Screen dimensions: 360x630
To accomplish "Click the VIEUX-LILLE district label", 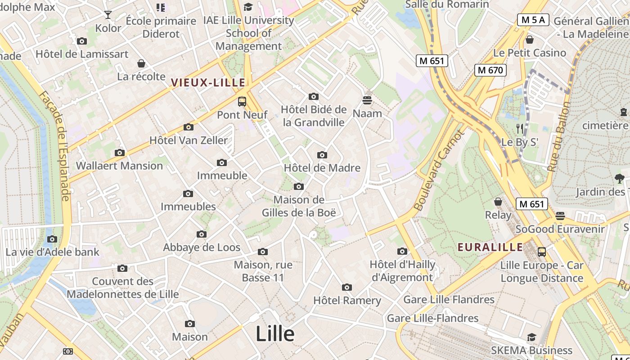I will click(x=208, y=82).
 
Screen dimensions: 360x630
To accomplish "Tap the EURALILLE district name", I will click(x=490, y=247).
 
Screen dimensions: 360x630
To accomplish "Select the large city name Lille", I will click(x=275, y=334).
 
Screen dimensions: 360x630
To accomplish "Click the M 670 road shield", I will click(x=490, y=70).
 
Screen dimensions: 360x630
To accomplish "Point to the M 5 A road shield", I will click(x=533, y=20).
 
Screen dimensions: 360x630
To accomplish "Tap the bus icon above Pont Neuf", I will click(x=242, y=102).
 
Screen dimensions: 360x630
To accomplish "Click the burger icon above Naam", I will click(x=367, y=100).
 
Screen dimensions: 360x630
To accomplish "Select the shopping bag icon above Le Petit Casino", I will click(x=530, y=40).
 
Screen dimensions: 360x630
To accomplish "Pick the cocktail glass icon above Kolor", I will click(x=108, y=15).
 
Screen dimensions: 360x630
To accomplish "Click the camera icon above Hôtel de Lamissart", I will click(x=82, y=41).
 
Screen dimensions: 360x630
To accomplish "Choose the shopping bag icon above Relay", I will click(x=498, y=202).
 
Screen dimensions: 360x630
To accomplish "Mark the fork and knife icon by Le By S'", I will click(x=520, y=129).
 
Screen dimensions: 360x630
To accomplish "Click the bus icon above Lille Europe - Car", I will click(x=542, y=252).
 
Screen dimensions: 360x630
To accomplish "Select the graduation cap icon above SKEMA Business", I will click(x=531, y=337).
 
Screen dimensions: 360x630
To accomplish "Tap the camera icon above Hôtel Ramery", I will click(x=346, y=288).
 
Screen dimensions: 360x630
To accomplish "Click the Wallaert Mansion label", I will click(x=119, y=166).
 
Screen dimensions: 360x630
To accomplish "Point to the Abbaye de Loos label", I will click(x=202, y=247).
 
